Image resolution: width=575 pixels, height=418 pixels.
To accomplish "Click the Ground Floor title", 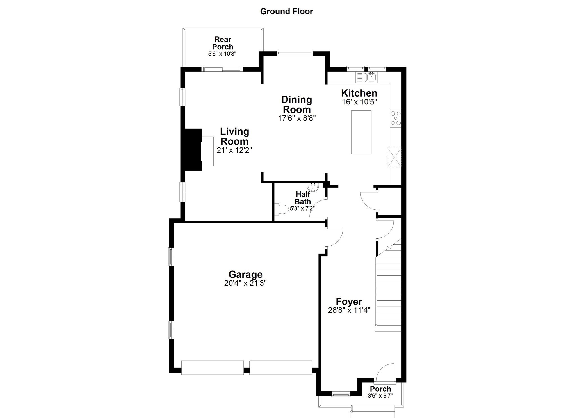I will [286, 12].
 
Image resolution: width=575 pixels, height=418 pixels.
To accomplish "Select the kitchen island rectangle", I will [361, 132].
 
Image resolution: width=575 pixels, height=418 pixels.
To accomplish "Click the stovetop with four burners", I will [396, 118].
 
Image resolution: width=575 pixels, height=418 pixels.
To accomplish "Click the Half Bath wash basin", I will [313, 187].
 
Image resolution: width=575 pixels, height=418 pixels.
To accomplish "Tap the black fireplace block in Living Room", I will [193, 149].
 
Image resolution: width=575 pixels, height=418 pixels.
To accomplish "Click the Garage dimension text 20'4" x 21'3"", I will [245, 283].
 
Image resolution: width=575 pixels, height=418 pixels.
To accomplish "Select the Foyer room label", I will [349, 301].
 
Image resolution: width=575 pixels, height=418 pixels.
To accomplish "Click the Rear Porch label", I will [222, 43].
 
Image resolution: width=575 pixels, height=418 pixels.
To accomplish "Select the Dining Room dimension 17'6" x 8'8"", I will [297, 118].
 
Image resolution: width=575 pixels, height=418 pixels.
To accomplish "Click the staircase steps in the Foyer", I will [389, 292].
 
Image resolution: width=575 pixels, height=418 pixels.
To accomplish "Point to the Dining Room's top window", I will [294, 53].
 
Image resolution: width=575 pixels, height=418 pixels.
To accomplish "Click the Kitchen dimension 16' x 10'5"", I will [359, 102].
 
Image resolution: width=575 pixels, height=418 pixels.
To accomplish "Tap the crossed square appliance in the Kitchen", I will [394, 157].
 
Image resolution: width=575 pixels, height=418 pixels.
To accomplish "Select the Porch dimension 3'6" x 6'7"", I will [380, 396].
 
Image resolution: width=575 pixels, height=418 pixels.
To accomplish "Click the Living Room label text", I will [234, 136].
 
